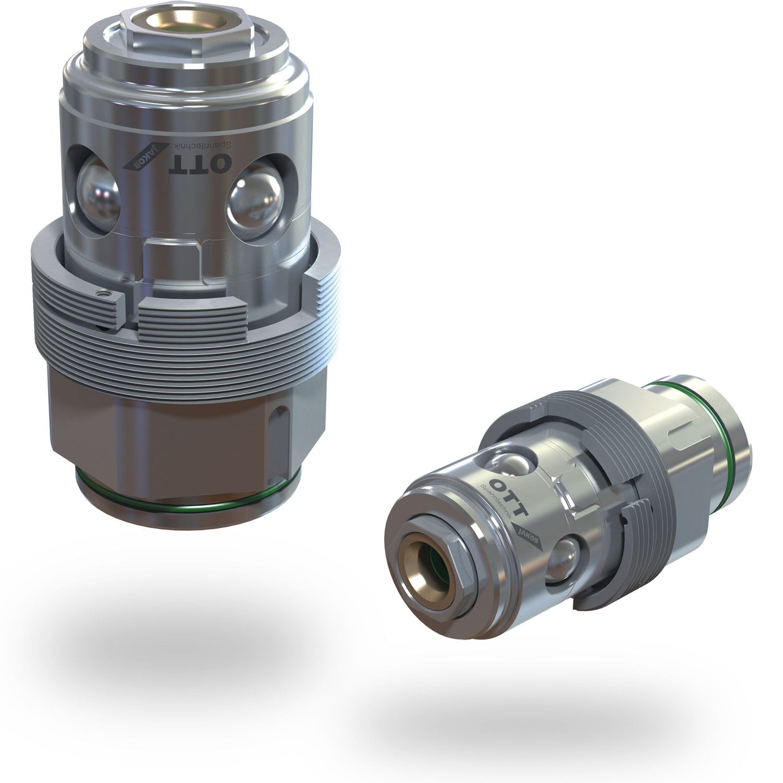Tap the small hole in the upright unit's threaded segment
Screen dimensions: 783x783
(106, 295)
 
